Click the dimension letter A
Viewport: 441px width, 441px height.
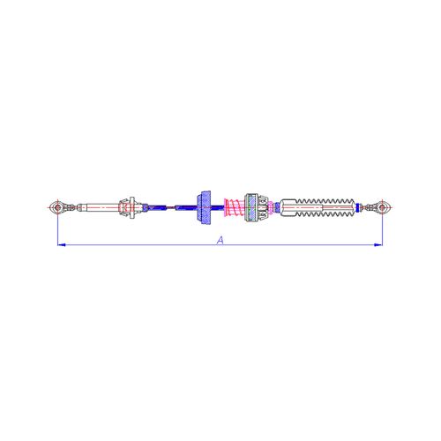click(x=219, y=239)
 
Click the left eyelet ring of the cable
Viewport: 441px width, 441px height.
click(x=57, y=208)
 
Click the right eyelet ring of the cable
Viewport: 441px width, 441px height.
click(x=383, y=208)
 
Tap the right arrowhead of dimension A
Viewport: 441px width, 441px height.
click(x=380, y=244)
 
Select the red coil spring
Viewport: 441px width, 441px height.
click(x=233, y=209)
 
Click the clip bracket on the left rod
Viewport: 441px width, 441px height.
click(x=130, y=208)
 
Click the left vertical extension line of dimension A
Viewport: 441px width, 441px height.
click(x=57, y=229)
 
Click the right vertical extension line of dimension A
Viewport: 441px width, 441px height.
click(x=383, y=229)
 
